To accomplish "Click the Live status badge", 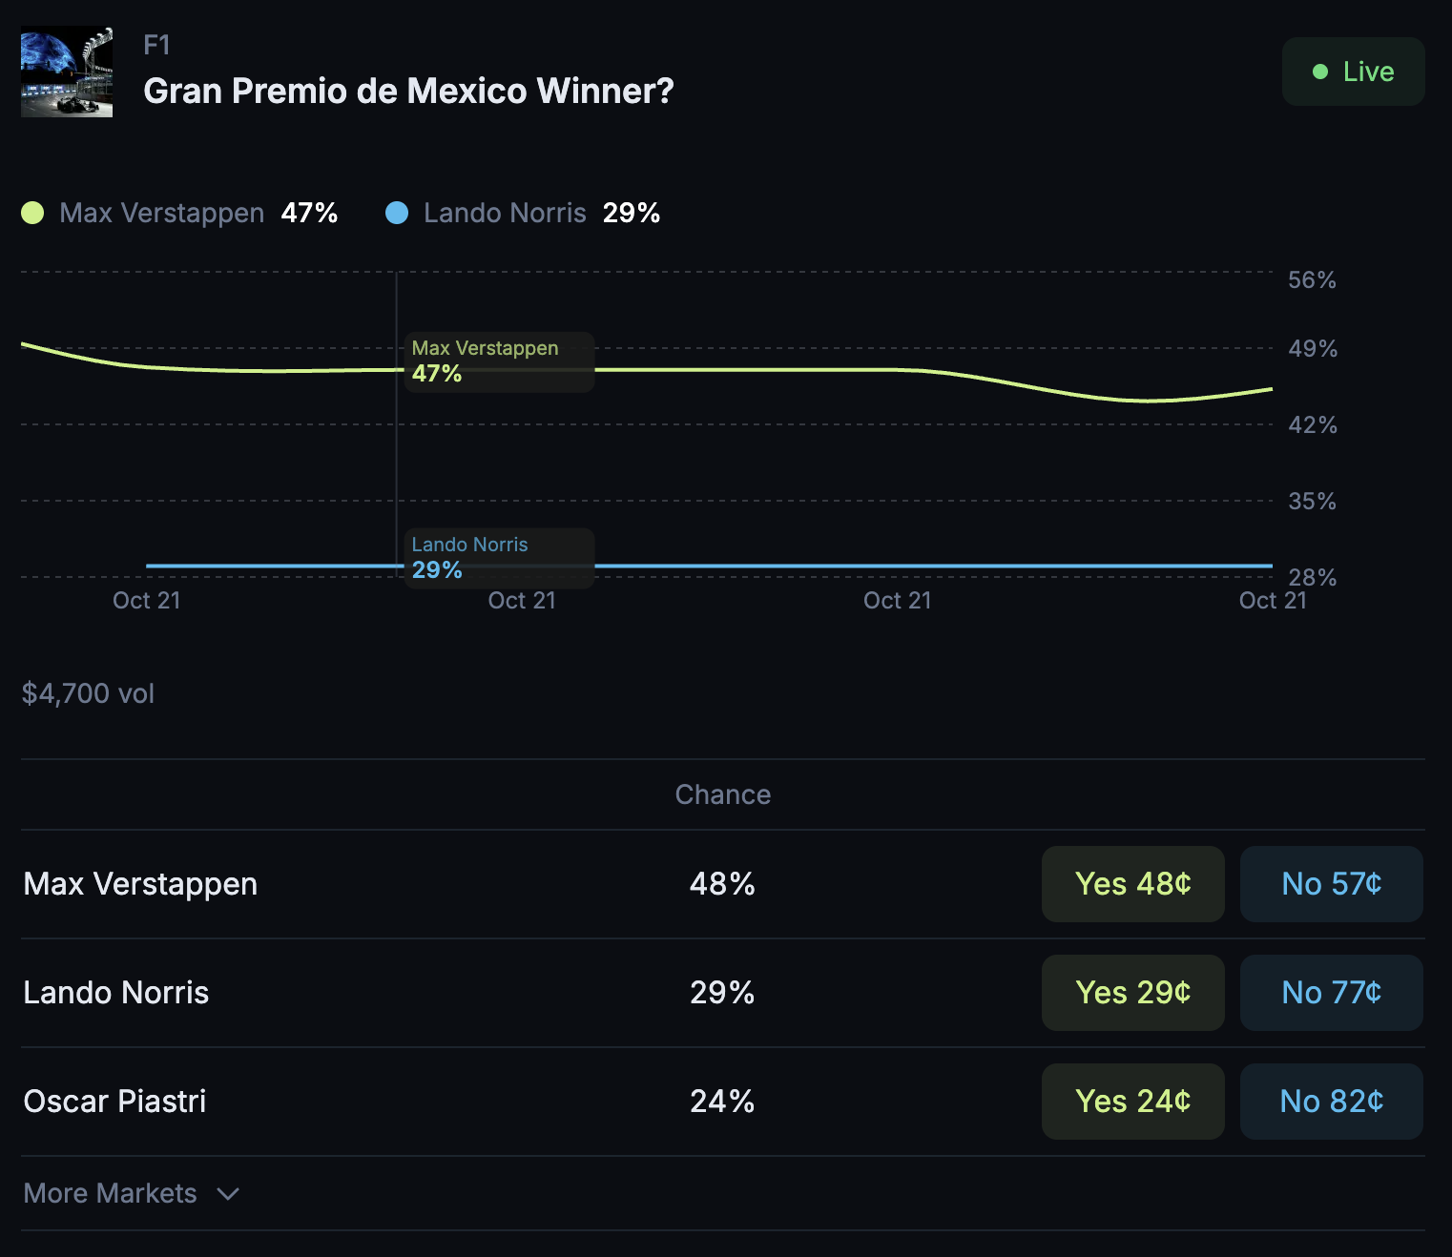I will [x=1353, y=72].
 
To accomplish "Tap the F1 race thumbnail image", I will [x=67, y=72].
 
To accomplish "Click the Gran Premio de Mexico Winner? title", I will [x=408, y=92].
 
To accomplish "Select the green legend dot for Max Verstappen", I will [x=32, y=213].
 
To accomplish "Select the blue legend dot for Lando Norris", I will [x=397, y=213].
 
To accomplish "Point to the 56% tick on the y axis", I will [x=1312, y=279].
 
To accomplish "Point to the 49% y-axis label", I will [x=1312, y=348].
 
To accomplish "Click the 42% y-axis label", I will [x=1312, y=424].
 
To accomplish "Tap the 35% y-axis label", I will [x=1312, y=501].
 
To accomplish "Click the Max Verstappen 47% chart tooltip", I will [x=499, y=361].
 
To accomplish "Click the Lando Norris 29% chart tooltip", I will [x=499, y=558].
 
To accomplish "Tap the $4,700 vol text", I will [x=88, y=693].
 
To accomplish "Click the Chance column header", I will [x=722, y=794].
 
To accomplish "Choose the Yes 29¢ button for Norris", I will [x=1132, y=993].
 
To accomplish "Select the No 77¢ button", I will [x=1331, y=993].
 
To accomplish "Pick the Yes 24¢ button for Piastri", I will [x=1132, y=1102].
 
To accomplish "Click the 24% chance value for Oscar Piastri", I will [x=722, y=1102].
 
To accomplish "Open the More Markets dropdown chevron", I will [x=228, y=1194].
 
